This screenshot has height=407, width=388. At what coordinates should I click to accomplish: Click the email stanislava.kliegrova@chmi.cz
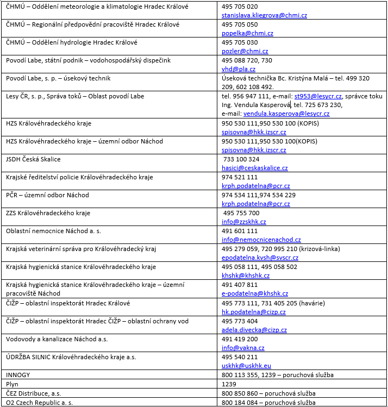pos(258,15)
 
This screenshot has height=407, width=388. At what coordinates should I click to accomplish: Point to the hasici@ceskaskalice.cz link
pos(255,168)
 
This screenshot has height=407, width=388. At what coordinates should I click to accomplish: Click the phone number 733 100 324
pos(242,159)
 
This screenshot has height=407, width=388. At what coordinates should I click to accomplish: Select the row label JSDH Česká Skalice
pos(33,159)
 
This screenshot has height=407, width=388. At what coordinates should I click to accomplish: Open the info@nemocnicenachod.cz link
pos(261,240)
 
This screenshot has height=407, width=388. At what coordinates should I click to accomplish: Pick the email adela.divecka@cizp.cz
pos(254,330)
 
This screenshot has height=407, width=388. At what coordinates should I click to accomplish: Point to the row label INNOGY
pos(18,375)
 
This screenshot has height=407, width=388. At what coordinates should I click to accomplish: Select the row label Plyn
pos(12,384)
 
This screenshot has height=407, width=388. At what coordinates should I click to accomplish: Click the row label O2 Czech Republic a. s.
pos(39,402)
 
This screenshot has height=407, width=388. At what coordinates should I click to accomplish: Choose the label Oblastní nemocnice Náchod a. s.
pos(53,231)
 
